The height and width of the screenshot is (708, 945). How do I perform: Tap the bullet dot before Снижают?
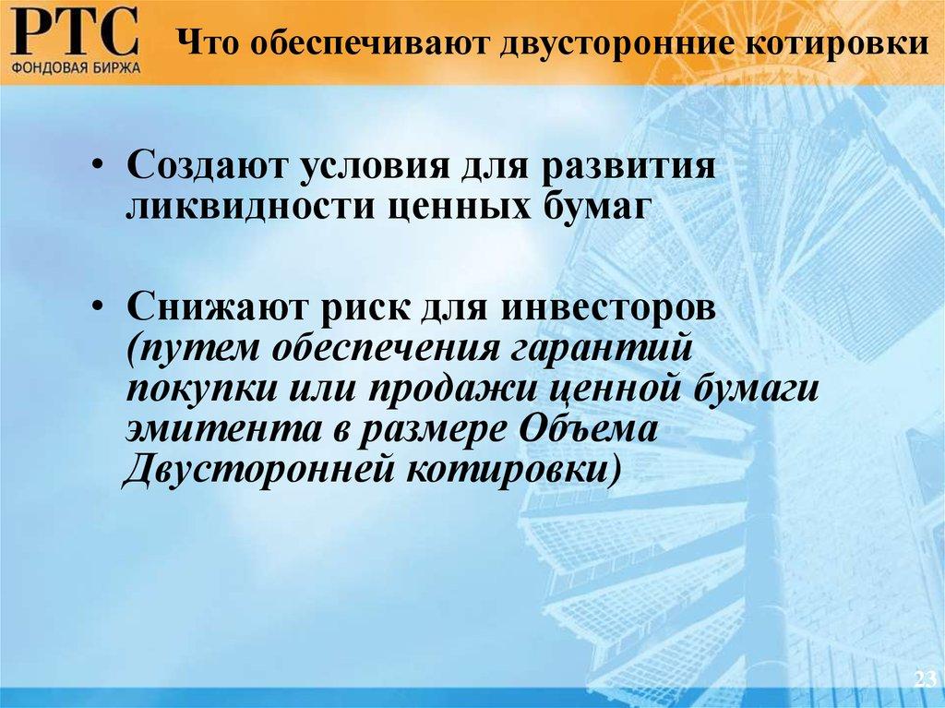tap(99, 308)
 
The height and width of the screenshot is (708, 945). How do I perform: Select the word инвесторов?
tap(608, 306)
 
